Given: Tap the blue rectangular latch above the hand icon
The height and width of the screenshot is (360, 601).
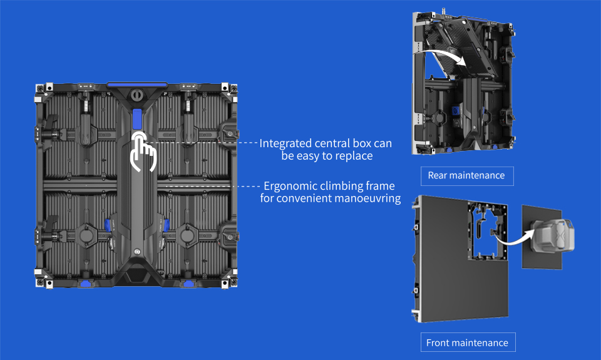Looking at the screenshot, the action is click(x=137, y=119).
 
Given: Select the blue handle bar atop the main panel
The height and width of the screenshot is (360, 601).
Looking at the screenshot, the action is click(x=137, y=85).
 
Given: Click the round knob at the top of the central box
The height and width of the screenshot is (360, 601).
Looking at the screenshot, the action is click(x=136, y=95).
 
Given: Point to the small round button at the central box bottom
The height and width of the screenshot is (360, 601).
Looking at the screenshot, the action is click(x=137, y=252).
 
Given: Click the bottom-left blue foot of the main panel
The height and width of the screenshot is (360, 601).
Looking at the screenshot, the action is click(x=86, y=284).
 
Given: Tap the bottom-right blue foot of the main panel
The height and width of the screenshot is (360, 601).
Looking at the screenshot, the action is click(x=188, y=284).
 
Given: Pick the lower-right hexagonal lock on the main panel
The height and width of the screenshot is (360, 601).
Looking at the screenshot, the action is click(x=187, y=235).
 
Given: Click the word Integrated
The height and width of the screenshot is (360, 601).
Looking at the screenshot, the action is click(x=285, y=143).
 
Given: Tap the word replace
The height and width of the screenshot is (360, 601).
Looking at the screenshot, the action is click(x=354, y=156).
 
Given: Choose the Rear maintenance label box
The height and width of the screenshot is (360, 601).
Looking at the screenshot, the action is click(x=467, y=176).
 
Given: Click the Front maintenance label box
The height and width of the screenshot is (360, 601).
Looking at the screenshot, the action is click(x=468, y=342).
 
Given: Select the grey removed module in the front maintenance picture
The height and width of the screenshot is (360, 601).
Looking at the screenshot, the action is click(x=552, y=235).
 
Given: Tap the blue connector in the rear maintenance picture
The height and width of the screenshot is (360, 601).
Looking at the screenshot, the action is click(x=455, y=111).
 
